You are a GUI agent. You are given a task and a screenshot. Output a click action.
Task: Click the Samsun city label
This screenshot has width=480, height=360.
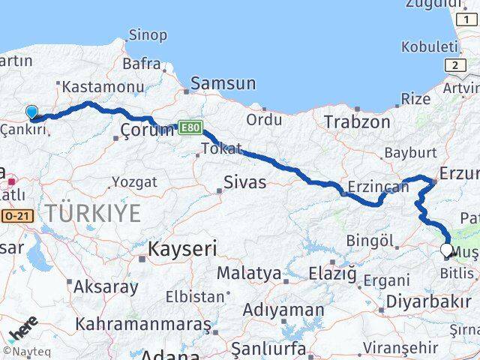223,83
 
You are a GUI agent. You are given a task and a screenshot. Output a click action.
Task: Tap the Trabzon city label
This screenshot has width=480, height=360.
357,121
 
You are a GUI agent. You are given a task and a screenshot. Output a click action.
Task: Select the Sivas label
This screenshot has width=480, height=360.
245,181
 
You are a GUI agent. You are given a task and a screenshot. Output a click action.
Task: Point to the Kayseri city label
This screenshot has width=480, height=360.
182,248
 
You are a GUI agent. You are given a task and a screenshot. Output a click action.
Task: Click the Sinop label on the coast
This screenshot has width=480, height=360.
148,34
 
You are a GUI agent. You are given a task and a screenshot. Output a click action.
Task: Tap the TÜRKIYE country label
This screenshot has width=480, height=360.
92,213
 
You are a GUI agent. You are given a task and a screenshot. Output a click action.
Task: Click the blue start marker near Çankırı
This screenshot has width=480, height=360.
31,113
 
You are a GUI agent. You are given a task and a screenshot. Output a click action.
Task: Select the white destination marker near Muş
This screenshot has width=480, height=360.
447,251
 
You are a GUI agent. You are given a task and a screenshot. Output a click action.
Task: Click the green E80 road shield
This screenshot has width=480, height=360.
190,129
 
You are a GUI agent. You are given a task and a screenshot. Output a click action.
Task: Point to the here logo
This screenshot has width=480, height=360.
22,327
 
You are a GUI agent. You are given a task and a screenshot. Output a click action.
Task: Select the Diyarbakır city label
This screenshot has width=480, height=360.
424,301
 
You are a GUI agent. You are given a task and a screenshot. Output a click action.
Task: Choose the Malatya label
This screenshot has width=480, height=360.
249,273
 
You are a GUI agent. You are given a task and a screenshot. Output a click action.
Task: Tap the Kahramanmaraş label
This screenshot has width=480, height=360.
143,324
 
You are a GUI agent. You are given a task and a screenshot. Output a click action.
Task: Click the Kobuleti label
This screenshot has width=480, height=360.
428,46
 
